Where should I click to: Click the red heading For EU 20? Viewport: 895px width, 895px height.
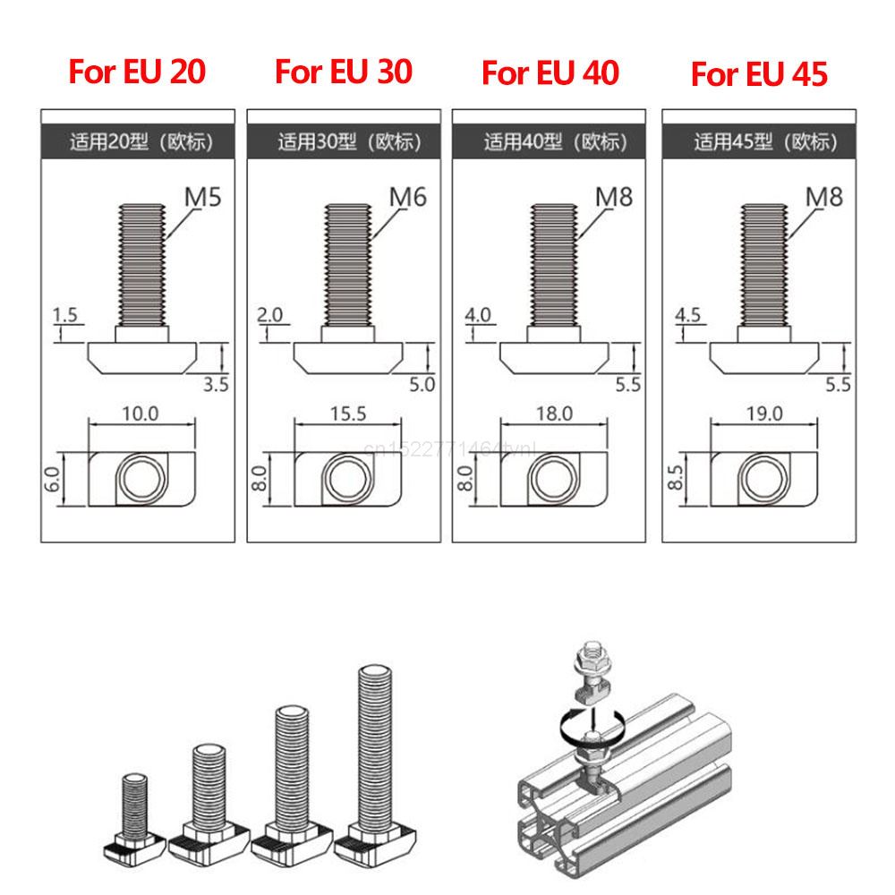pos(137,72)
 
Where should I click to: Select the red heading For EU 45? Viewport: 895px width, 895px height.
pos(759,74)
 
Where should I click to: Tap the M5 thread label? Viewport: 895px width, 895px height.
pos(202,196)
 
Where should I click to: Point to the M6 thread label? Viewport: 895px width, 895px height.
pos(408,196)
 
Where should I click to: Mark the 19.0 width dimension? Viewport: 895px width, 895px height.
pos(763,413)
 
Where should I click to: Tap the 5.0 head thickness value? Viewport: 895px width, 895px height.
pos(422,385)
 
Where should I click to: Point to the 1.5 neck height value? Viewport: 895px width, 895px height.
pos(66,315)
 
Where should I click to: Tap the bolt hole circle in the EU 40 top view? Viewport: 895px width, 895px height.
pos(550,478)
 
